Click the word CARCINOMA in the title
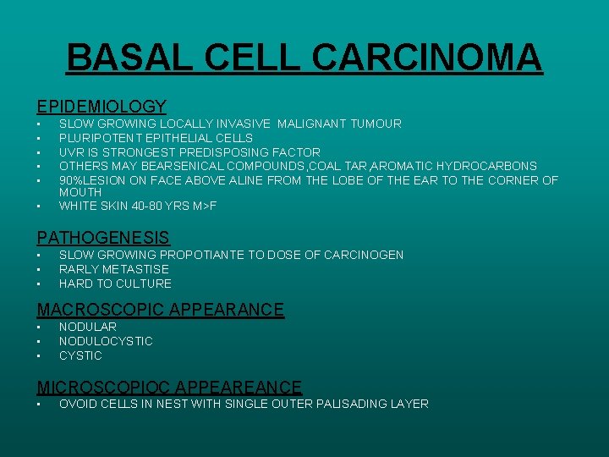(x=427, y=58)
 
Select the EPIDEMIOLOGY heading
(x=101, y=107)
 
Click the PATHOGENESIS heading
(x=103, y=239)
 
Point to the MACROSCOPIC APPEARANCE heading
(x=161, y=310)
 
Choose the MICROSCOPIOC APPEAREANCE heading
(x=169, y=388)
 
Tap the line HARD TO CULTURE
(x=115, y=284)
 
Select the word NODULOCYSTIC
(x=106, y=341)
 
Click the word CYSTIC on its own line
(x=80, y=355)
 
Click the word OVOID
(x=78, y=404)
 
